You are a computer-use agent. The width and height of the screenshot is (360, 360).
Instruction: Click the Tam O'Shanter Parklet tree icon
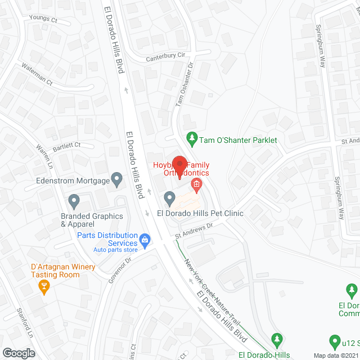point(192,138)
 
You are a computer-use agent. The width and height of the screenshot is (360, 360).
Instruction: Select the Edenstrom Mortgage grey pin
point(117,180)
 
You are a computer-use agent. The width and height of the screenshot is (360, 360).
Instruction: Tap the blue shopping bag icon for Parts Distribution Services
point(146,240)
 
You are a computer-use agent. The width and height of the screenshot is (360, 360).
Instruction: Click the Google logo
point(18,353)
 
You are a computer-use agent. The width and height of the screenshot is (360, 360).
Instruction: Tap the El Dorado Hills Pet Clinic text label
point(200,214)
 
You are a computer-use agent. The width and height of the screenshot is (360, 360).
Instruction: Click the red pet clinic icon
point(196,184)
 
